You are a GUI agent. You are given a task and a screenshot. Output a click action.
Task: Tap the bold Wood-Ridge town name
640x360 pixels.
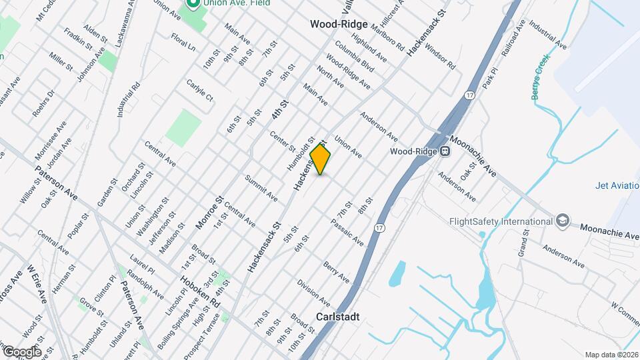(339, 24)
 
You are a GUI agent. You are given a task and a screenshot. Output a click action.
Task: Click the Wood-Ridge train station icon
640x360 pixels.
(443, 151)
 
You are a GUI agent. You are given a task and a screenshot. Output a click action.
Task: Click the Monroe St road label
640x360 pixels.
(209, 213)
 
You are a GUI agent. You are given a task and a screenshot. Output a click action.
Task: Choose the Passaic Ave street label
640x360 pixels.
(347, 231)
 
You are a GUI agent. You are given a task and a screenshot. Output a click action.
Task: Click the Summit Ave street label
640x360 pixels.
(261, 189)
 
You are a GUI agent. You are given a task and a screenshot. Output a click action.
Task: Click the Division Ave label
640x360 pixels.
(314, 293)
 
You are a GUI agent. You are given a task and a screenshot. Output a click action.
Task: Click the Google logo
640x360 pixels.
(21, 351)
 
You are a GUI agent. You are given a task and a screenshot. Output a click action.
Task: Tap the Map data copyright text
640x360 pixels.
(611, 355)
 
